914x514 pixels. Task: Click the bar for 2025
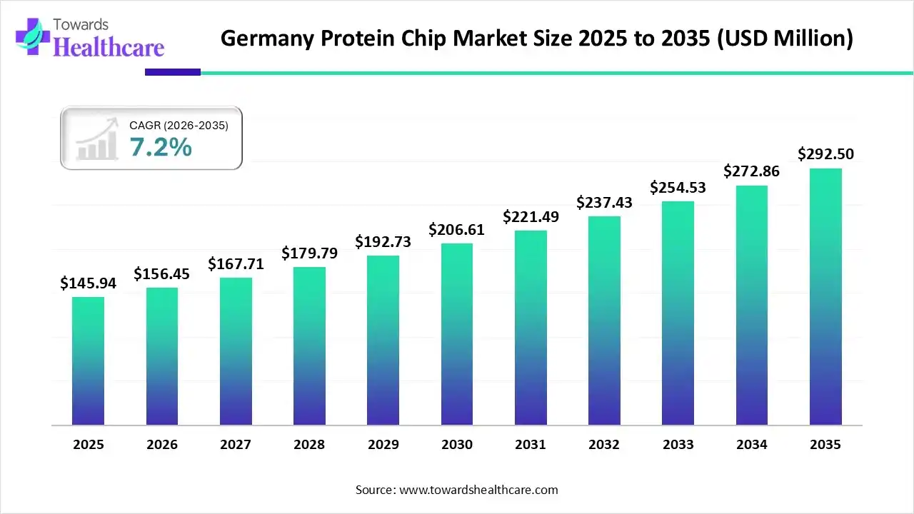coord(88,361)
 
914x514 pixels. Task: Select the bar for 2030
coord(457,334)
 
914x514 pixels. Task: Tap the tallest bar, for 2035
coord(825,296)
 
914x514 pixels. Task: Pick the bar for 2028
coord(309,346)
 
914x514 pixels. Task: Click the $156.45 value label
coord(162,274)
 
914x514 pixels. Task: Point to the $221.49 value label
coord(531,216)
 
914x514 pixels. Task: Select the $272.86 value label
coord(751,171)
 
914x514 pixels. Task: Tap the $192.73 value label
coord(383,242)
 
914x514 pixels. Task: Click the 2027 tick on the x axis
coord(236,445)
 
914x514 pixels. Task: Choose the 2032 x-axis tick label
coord(604,445)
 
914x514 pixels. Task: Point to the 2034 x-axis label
coord(752,445)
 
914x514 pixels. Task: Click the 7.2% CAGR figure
coord(161,147)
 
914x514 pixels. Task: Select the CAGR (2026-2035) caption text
coord(179,126)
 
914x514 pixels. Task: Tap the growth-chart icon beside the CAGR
coord(98,139)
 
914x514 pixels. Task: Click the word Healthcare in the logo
coord(109,47)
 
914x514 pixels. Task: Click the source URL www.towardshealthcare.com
coord(478,490)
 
